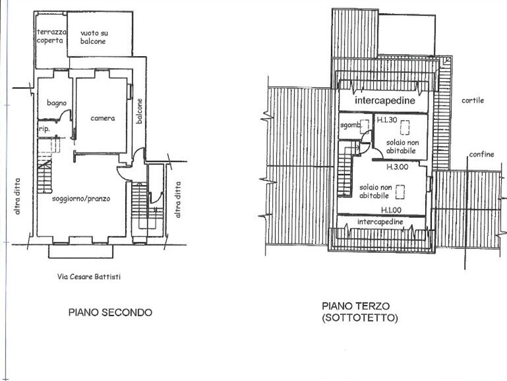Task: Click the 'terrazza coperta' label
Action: point(50,36)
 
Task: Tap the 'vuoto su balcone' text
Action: point(93,36)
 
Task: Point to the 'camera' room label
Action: point(103,119)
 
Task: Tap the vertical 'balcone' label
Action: point(140,112)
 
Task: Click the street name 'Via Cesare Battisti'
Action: point(88,277)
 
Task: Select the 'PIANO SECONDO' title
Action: point(110,312)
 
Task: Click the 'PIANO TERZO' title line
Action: point(356,306)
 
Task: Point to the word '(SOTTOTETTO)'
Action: point(360,318)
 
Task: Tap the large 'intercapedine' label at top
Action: point(384,101)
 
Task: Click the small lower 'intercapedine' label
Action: point(380,223)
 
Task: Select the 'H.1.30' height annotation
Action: point(387,120)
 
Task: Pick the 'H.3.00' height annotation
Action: point(398,166)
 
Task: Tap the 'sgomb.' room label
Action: point(350,125)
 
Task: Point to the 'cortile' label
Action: point(473,100)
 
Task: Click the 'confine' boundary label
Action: point(482,155)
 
